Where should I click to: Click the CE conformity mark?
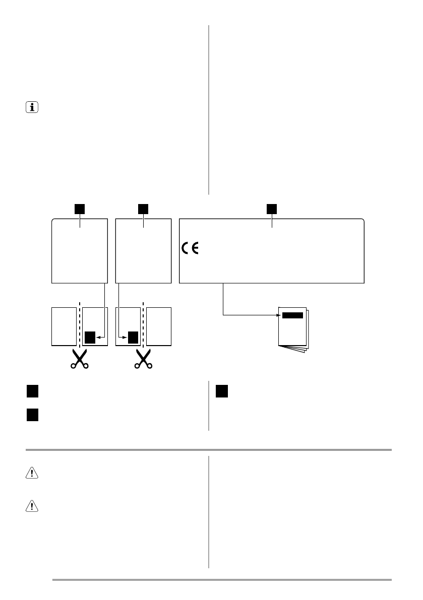click(x=190, y=249)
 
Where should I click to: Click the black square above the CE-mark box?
click(x=272, y=208)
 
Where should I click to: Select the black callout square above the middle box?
click(x=144, y=208)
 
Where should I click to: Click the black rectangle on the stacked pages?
click(x=292, y=315)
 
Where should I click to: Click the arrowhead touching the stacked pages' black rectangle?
click(x=279, y=315)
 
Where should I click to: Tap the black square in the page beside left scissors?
click(x=90, y=337)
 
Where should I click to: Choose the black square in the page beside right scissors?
click(x=133, y=337)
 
